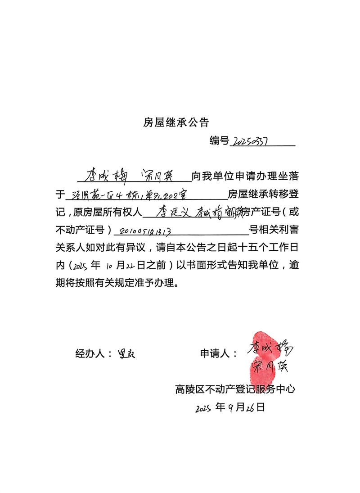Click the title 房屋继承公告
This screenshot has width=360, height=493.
[176, 122]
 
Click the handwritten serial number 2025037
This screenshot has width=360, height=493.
[249, 142]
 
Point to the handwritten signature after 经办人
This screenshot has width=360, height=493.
[126, 354]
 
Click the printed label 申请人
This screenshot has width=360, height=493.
[219, 354]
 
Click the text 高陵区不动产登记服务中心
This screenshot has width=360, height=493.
[235, 389]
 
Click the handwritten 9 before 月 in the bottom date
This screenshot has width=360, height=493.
[231, 408]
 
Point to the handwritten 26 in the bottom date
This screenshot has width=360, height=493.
[251, 408]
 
